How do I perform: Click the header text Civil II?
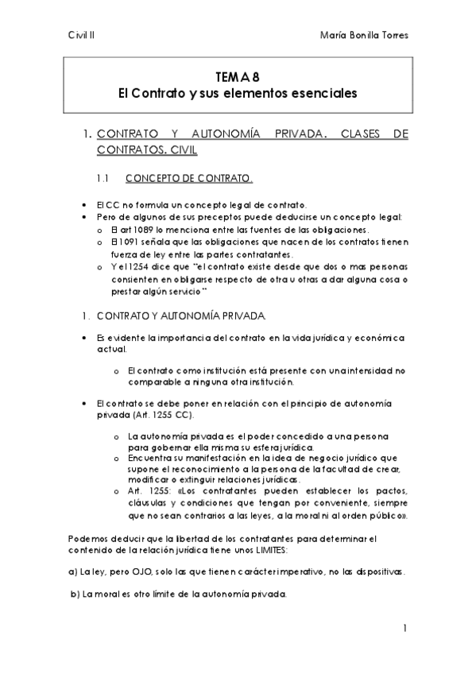click(81, 35)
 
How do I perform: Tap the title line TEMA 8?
click(238, 78)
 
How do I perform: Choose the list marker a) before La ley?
click(72, 572)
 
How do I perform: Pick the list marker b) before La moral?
click(74, 595)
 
